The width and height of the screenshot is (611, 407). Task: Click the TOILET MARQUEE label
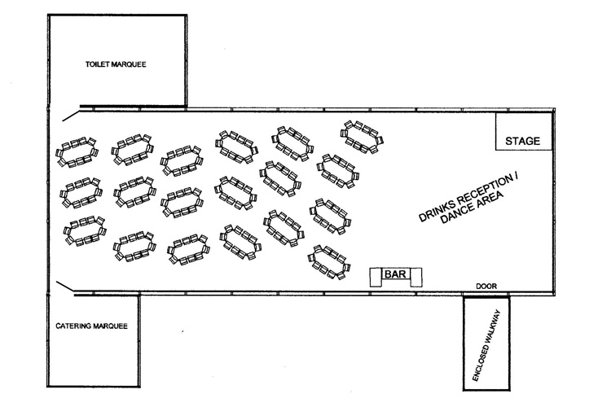coord(116,64)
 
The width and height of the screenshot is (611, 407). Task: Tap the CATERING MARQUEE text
coord(91,326)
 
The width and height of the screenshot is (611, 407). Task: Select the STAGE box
coord(524,132)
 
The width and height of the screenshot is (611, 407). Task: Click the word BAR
coord(395,274)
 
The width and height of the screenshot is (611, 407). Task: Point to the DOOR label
coord(486,287)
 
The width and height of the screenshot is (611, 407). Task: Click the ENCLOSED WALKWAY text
coord(486,345)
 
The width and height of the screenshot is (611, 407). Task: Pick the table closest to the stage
coord(362,137)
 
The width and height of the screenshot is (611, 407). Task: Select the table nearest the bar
coord(329,262)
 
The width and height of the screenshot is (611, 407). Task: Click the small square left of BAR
coord(376,278)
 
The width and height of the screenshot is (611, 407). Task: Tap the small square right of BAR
coord(416,278)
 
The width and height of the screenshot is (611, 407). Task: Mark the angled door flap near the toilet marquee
coord(71,116)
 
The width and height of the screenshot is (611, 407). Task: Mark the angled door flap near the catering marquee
coord(65,287)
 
